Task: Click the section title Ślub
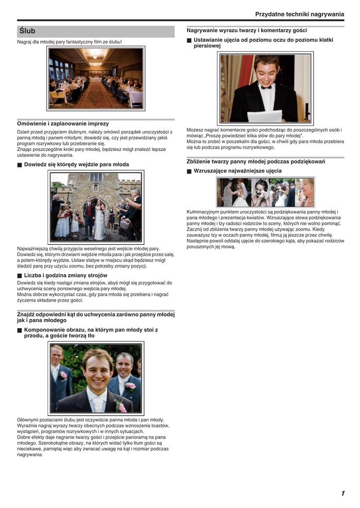pos(28,31)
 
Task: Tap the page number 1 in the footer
pos(343,493)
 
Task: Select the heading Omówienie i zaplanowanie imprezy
pos(63,123)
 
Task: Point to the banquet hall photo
pos(96,78)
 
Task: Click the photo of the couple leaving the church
pos(96,206)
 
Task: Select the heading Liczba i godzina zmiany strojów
pos(66,275)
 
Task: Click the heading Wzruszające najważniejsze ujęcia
pos(237,171)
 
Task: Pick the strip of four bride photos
pos(265,192)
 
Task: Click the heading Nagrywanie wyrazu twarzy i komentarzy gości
pos(247,30)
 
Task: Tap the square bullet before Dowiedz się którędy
pos(19,165)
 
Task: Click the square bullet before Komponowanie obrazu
pos(19,330)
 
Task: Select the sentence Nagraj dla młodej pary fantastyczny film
pos(70,42)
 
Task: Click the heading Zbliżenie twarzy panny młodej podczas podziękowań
pos(256,161)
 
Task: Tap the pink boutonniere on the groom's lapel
pos(121,406)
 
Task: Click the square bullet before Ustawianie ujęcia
pos(189,40)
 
